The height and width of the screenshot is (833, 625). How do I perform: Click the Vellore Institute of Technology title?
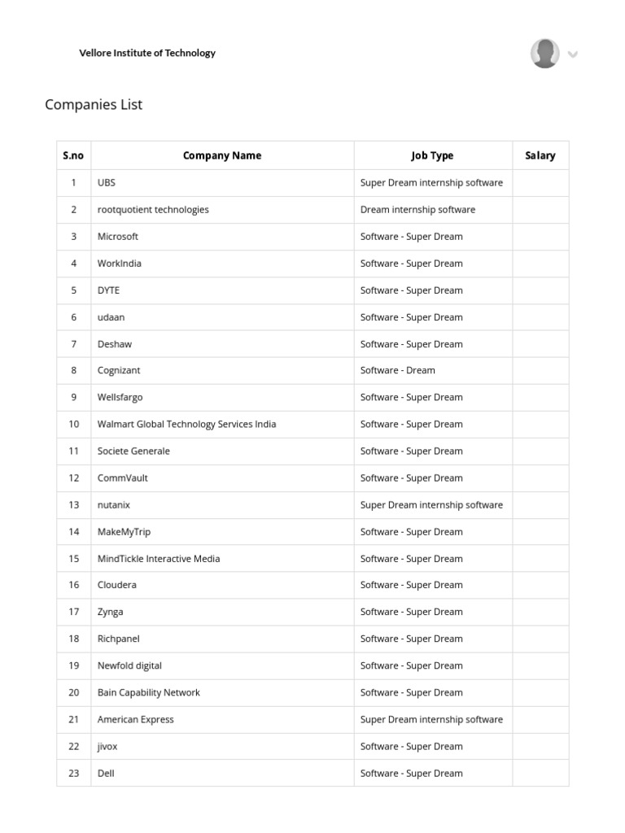pos(147,53)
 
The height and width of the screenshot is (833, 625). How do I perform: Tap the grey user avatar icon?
pos(544,54)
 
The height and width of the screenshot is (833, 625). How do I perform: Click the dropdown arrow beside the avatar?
pos(573,55)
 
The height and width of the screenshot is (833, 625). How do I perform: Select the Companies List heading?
pos(94,104)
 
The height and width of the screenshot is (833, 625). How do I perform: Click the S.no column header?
pos(73,155)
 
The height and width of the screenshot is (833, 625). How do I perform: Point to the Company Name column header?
pos(222,155)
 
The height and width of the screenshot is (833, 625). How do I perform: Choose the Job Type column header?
pos(432,155)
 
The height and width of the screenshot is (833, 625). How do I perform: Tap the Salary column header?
pos(540,155)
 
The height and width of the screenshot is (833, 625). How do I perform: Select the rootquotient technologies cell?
pos(153,210)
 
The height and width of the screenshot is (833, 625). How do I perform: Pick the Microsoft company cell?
pos(118,237)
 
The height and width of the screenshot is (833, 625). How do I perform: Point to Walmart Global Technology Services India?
pos(186,424)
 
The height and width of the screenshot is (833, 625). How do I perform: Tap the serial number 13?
pos(74,504)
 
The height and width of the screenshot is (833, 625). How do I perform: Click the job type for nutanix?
pos(431,504)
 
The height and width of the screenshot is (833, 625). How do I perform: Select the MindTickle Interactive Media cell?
pos(159,559)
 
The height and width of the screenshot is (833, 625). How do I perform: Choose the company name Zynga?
pos(111,612)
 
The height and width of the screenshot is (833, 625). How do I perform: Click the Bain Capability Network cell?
pos(148,692)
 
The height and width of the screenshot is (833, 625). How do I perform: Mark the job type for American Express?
pos(431,719)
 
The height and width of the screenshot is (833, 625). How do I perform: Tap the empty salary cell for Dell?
pos(540,773)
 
